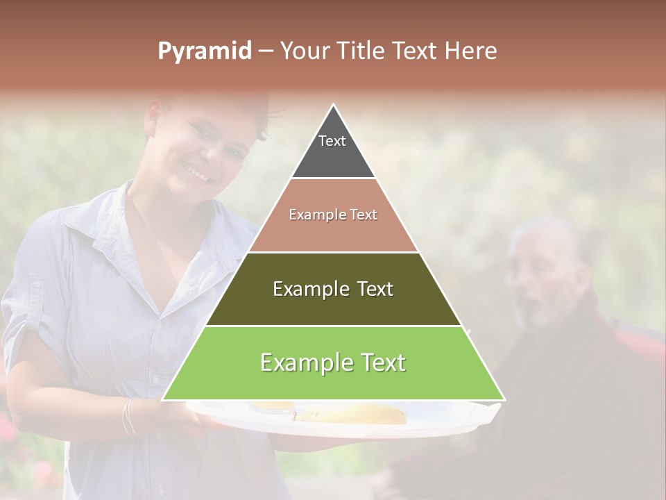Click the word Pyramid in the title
click(204, 51)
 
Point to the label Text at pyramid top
click(332, 141)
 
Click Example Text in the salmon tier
click(333, 215)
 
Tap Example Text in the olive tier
click(333, 289)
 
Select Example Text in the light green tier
click(333, 362)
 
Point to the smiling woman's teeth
click(196, 169)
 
